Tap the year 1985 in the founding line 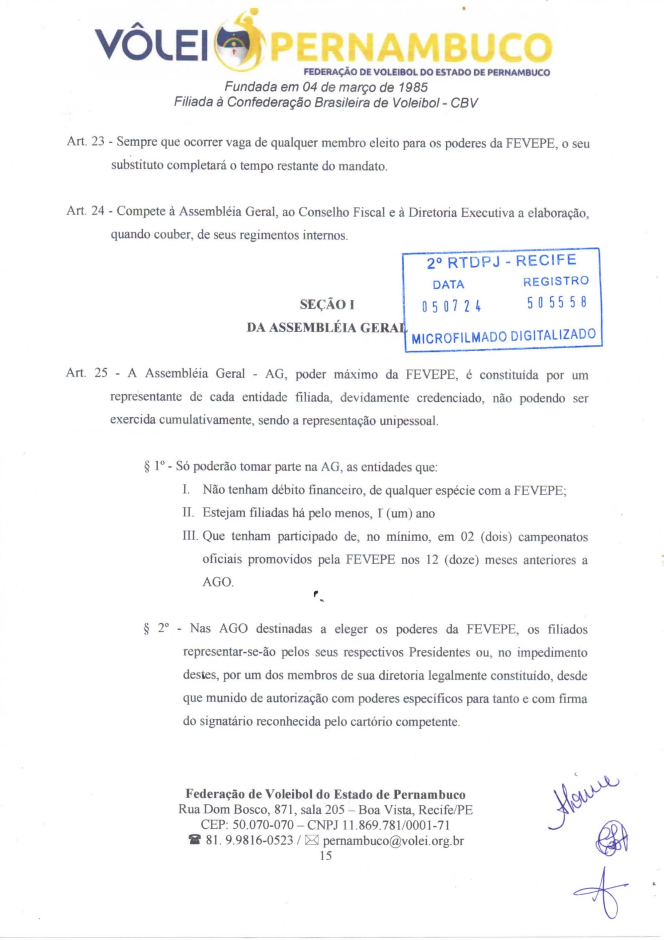413,87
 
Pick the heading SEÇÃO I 327,305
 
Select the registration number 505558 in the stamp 557,303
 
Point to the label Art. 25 86,373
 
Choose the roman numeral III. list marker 190,536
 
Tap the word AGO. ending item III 218,582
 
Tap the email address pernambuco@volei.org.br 393,841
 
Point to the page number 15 326,855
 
